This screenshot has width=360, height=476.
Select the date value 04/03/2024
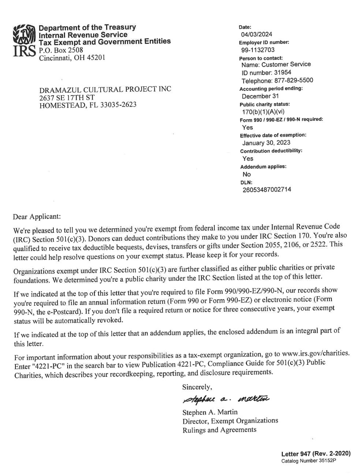[256, 34]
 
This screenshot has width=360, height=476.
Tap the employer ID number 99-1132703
[258, 50]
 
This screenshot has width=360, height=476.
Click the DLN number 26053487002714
[267, 190]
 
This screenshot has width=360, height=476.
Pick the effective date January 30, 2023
[266, 143]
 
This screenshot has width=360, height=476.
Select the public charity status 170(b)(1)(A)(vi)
[263, 112]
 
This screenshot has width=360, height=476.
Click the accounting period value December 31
[260, 96]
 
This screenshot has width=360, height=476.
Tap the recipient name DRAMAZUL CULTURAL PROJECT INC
[105, 89]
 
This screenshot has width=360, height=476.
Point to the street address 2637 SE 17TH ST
[67, 97]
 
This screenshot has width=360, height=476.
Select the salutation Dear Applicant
[37, 217]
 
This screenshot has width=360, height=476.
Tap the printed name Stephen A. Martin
[210, 412]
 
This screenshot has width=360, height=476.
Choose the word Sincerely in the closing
[197, 387]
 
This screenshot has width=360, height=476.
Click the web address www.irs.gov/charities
[316, 353]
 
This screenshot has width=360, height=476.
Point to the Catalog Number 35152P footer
[308, 461]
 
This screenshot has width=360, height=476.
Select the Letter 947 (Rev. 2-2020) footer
[316, 454]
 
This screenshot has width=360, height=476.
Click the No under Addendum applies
[247, 174]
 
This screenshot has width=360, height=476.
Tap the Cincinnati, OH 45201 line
[72, 58]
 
